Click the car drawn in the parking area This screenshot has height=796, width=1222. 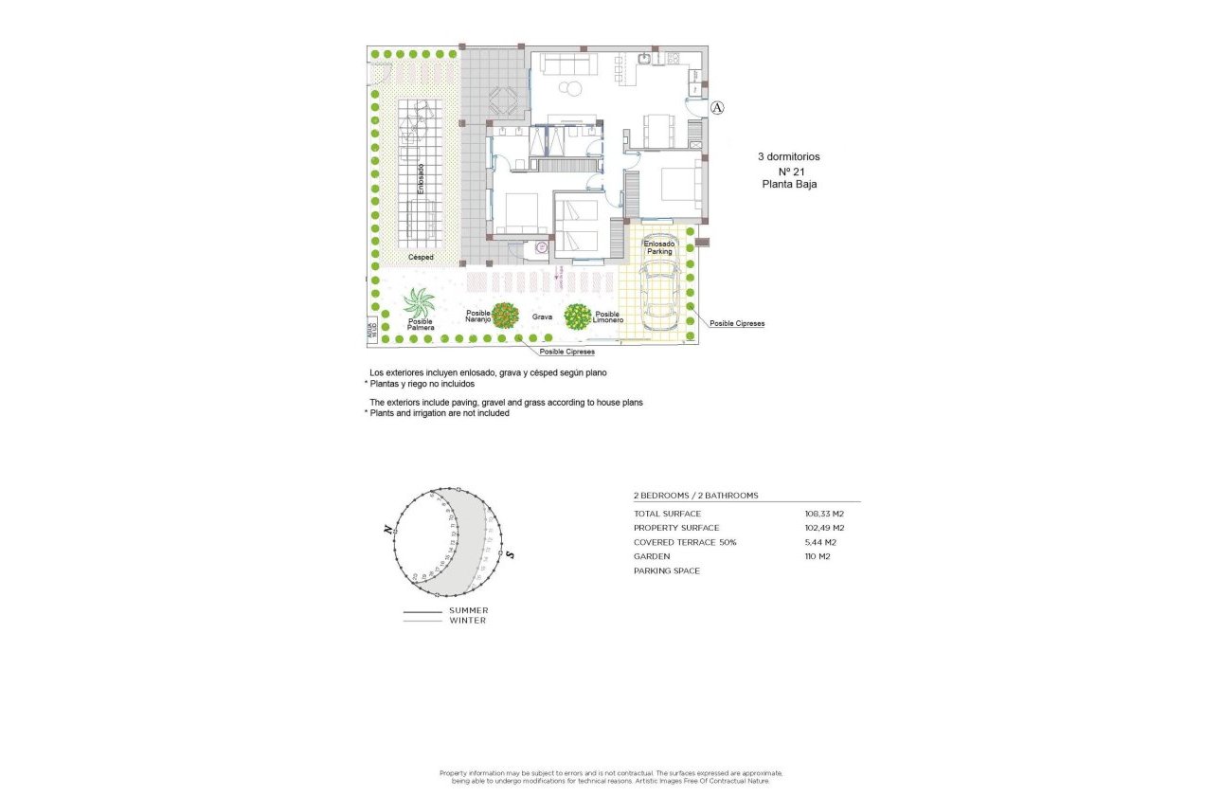pos(660,296)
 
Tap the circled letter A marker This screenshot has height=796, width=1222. pos(717,107)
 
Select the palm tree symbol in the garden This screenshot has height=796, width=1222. pos(419,303)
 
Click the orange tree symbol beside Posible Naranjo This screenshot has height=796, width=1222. pos(506,315)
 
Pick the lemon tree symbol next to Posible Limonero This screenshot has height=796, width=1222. pos(578,316)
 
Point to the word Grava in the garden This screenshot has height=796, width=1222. pos(542,317)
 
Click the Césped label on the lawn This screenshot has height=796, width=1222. pos(421,257)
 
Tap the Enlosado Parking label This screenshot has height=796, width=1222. pos(658,247)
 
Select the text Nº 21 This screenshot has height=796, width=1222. pos(788,172)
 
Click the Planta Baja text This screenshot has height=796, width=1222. pos(788,185)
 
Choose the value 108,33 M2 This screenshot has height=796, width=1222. pos(824,514)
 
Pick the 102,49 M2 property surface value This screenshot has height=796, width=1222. pos(824,528)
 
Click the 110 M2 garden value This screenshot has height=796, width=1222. pos(817,556)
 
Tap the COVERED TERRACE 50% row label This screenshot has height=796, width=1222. pos(684,542)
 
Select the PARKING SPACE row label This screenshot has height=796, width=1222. pos(667,570)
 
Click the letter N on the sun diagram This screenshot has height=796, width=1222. pos(388,532)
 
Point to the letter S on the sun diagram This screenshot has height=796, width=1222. pos(510,554)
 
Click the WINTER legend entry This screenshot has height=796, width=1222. pos(468,621)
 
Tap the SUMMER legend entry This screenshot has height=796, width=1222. pos(469,610)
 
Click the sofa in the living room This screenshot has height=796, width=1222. pos(566,63)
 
